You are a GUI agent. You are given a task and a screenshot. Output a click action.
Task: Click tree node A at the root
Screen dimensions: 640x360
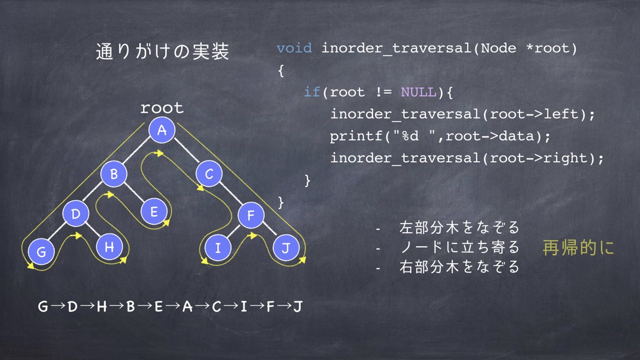(162, 130)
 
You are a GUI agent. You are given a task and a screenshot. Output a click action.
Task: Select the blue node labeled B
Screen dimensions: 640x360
(114, 174)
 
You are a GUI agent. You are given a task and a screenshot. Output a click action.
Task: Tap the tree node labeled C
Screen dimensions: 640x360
(209, 174)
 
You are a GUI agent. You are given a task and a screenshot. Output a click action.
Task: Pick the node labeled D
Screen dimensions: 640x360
(76, 214)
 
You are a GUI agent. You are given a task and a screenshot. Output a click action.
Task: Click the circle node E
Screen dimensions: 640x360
(154, 211)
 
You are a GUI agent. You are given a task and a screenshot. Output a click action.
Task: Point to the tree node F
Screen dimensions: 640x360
(251, 215)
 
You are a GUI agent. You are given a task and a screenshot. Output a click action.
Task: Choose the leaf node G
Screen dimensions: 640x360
(41, 251)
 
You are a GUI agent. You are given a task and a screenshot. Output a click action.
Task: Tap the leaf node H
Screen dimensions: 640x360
(109, 247)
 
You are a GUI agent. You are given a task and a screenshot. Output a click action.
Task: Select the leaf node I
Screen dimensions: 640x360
(217, 248)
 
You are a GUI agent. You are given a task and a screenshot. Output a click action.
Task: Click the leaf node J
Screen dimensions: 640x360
(286, 248)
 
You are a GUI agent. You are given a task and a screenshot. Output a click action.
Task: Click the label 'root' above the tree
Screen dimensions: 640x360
(162, 108)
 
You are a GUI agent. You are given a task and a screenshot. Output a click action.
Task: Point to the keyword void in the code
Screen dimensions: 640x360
(294, 48)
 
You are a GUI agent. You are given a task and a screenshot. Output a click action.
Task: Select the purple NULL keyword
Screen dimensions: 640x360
(419, 92)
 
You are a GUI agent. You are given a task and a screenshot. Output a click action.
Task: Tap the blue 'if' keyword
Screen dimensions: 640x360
(312, 92)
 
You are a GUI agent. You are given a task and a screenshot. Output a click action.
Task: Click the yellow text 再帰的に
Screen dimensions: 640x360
(579, 247)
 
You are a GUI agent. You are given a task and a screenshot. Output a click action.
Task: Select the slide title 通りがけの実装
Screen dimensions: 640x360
(162, 51)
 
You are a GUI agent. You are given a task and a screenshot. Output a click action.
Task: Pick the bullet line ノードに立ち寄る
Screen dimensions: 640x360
(460, 247)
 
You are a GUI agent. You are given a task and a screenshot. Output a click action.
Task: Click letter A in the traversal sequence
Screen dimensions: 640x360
(188, 306)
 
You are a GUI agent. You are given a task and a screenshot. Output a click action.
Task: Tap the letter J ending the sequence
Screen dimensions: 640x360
(298, 306)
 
